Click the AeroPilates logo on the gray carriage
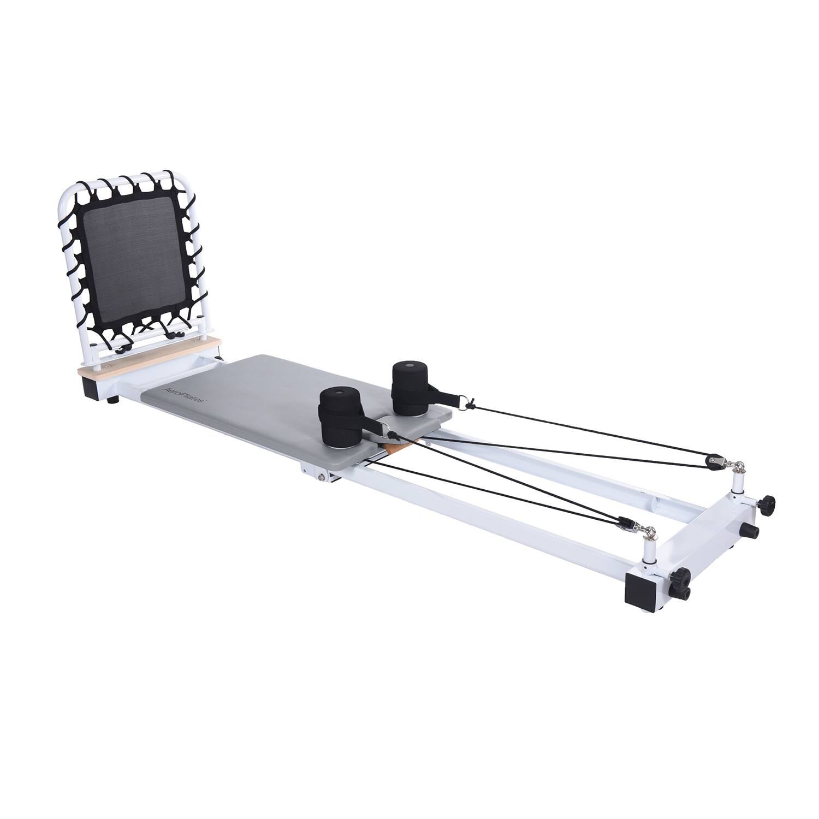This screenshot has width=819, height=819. [x=184, y=393]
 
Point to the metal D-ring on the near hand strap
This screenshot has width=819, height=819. [x=389, y=434]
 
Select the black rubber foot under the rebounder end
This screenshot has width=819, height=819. [x=113, y=401]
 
